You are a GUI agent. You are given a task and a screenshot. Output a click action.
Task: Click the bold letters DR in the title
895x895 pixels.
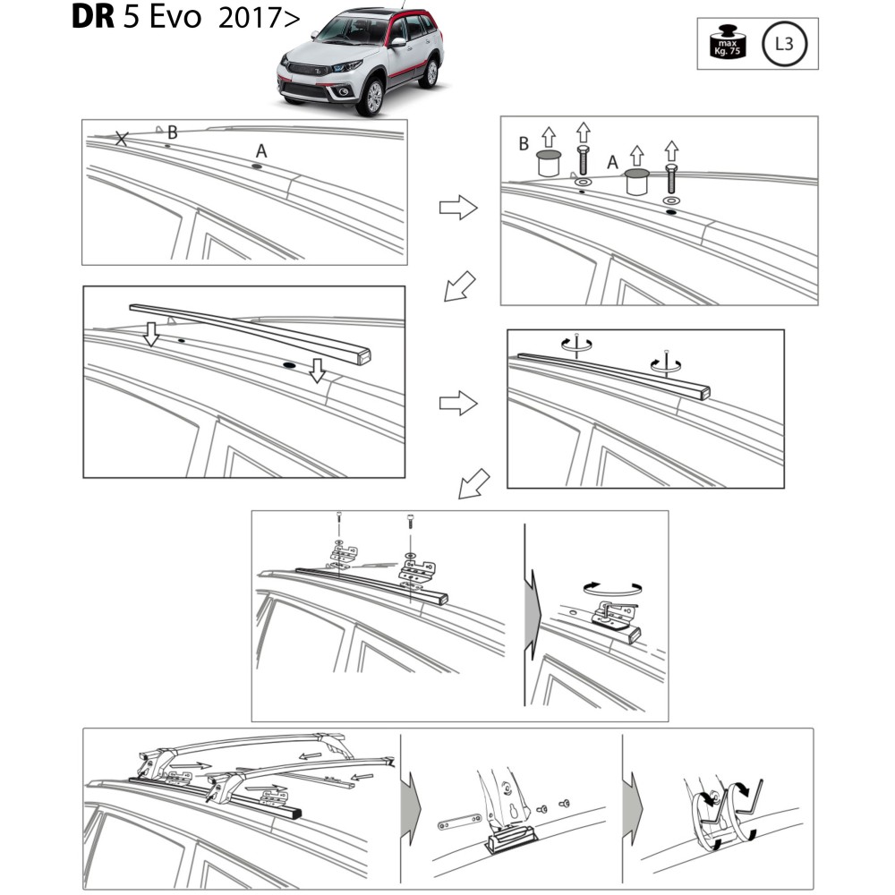[x=93, y=17]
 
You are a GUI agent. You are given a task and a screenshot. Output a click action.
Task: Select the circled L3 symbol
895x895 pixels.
[x=784, y=44]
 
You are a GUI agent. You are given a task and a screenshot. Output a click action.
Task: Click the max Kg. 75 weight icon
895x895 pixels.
[x=727, y=41]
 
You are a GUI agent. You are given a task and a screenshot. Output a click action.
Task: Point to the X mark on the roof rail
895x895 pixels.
[x=122, y=138]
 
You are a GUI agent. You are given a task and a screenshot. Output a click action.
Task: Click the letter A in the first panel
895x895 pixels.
[x=261, y=150]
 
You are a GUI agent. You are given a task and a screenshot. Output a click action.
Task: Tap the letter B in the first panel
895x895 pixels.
[x=173, y=132]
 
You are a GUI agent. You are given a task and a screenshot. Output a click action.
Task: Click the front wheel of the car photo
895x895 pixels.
[x=373, y=97]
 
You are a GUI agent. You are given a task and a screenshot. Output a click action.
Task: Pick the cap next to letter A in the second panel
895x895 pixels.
[x=637, y=182]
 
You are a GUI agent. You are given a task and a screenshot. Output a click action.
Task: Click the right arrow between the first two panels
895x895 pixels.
[x=457, y=208]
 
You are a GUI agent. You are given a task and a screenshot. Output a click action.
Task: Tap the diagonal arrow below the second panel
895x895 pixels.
[x=459, y=286]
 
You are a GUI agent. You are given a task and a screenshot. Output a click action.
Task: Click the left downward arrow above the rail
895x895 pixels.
[x=151, y=333]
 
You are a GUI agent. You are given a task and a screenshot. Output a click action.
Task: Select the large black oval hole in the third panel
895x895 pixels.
[x=289, y=365]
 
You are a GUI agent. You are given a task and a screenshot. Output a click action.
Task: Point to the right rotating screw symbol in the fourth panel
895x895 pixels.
[x=666, y=363]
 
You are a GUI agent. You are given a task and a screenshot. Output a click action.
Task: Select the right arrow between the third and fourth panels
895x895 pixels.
[x=457, y=404]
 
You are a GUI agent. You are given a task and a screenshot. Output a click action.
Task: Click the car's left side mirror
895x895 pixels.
[x=398, y=42]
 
